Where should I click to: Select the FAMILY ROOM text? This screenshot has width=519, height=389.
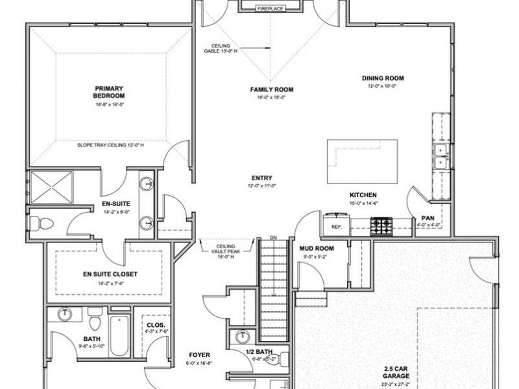[x=272, y=89]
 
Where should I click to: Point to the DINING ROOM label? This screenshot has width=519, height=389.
[x=383, y=78]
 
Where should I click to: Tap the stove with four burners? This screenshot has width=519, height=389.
[x=380, y=226]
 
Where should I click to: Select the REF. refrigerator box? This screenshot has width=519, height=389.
[x=336, y=227]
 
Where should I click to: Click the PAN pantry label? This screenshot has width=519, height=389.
[x=427, y=218]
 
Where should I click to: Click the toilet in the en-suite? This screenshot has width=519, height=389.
[x=42, y=224]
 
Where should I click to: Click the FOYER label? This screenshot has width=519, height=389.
[x=199, y=355]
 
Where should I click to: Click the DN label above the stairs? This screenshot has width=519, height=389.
[x=273, y=238]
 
